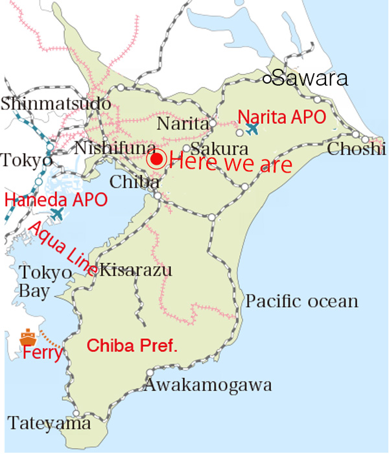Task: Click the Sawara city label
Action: pyautogui.click(x=310, y=79)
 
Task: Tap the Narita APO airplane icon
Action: pyautogui.click(x=252, y=129)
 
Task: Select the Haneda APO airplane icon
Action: pyautogui.click(x=57, y=213)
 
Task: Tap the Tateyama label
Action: pyautogui.click(x=49, y=424)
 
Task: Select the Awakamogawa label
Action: pyautogui.click(x=207, y=385)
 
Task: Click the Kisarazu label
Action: pyautogui.click(x=136, y=269)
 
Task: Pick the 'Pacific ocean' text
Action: pyautogui.click(x=302, y=301)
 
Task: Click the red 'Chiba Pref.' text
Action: pyautogui.click(x=132, y=346)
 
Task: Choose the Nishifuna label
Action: pyautogui.click(x=115, y=148)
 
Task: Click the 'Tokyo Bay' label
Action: pyautogui.click(x=45, y=281)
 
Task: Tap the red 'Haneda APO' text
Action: pyautogui.click(x=56, y=199)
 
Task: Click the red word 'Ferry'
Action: pyautogui.click(x=42, y=354)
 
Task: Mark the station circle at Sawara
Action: pyautogui.click(x=266, y=79)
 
